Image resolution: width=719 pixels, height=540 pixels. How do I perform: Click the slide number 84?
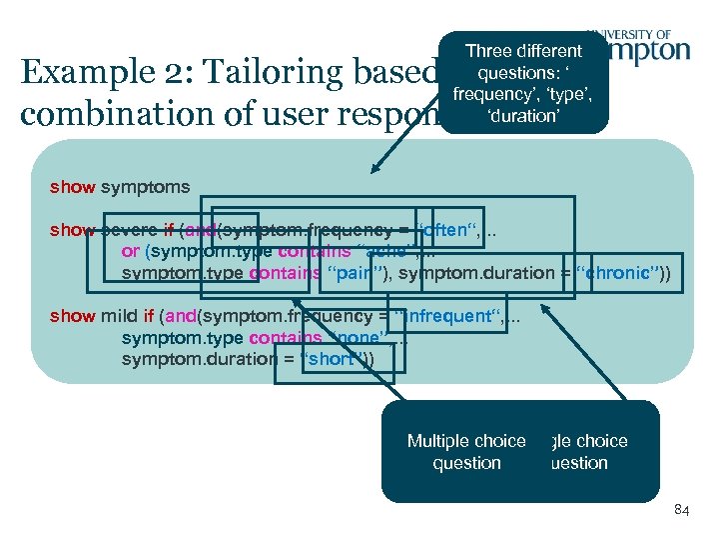[x=682, y=511]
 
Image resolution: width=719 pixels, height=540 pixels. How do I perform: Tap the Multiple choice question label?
[x=466, y=452]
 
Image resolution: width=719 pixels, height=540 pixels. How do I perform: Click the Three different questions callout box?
[x=523, y=82]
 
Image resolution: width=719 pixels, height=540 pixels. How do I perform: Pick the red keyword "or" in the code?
[x=130, y=251]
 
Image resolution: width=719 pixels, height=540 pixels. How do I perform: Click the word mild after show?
[x=119, y=316]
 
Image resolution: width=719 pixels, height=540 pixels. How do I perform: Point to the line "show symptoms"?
[x=120, y=186]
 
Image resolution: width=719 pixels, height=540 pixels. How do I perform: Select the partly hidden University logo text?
[x=650, y=45]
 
